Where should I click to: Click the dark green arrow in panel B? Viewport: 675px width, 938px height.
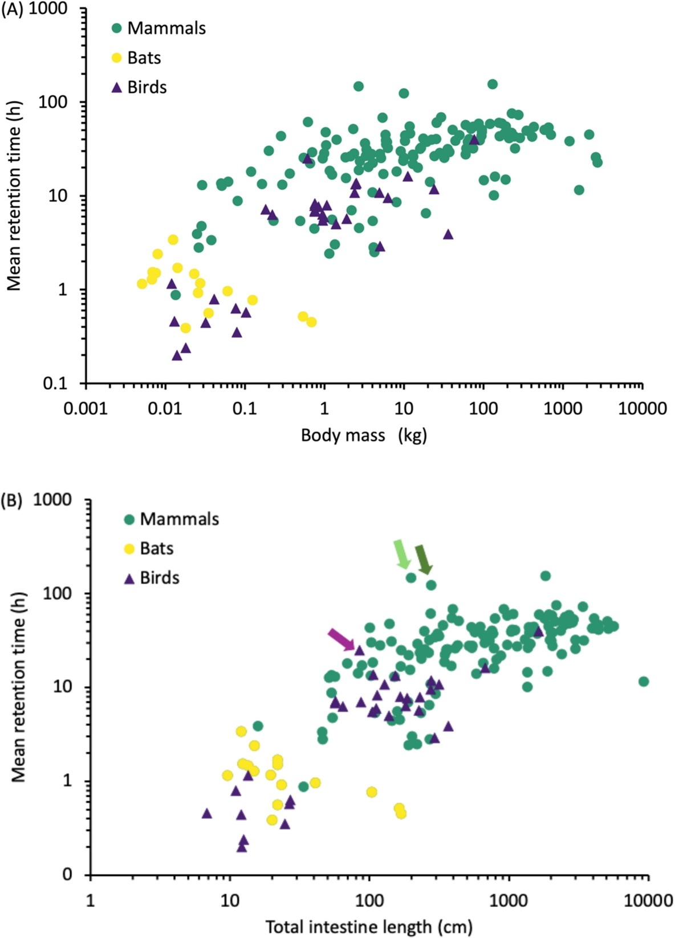424,559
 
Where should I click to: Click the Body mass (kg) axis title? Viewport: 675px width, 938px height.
364,436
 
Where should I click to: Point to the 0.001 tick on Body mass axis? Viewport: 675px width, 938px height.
86,409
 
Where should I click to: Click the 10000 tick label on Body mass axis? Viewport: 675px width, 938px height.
643,409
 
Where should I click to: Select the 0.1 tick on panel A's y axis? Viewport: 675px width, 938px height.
56,384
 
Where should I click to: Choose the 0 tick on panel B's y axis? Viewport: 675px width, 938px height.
68,875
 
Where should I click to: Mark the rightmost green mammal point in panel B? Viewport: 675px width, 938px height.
644,682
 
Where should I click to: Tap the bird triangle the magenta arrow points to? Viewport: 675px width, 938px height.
359,650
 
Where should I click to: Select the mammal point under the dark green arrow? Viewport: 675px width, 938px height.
431,585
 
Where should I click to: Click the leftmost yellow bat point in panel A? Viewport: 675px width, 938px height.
142,284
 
